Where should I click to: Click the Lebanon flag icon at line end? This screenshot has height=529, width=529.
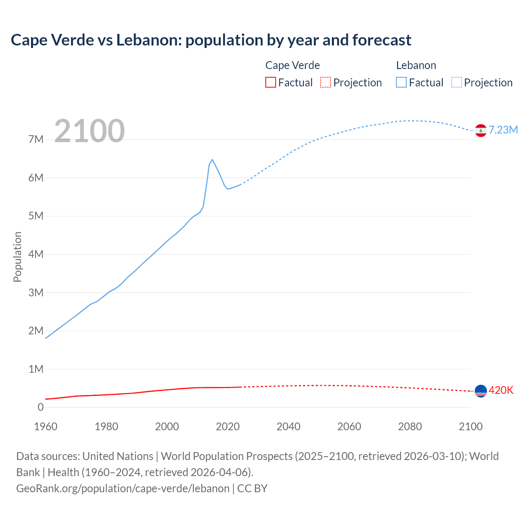[480, 130]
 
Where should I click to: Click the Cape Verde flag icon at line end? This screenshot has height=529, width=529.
[480, 391]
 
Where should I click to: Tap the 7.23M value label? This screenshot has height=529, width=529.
[503, 130]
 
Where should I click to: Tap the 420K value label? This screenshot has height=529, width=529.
[501, 390]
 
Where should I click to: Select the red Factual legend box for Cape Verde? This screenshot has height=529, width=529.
[270, 82]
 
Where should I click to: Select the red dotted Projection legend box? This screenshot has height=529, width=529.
[325, 82]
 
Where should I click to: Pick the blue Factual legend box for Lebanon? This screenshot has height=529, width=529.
[401, 82]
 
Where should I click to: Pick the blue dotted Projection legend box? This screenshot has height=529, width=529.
[456, 82]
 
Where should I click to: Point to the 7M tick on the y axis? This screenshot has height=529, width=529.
[36, 139]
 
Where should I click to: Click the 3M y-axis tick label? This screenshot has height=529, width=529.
[36, 293]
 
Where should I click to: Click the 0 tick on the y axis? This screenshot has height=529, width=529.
[41, 407]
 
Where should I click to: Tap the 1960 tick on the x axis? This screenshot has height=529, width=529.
[45, 427]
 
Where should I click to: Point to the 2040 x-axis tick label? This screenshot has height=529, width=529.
[288, 427]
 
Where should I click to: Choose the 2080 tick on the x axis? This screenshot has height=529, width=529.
[410, 427]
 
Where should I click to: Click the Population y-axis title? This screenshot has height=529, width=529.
[17, 257]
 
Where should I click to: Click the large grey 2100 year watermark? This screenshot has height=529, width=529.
[89, 131]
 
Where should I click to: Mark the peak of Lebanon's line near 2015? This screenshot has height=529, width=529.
[212, 160]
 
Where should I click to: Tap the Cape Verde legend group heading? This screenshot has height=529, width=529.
[292, 65]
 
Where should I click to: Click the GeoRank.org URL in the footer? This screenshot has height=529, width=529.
[123, 488]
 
